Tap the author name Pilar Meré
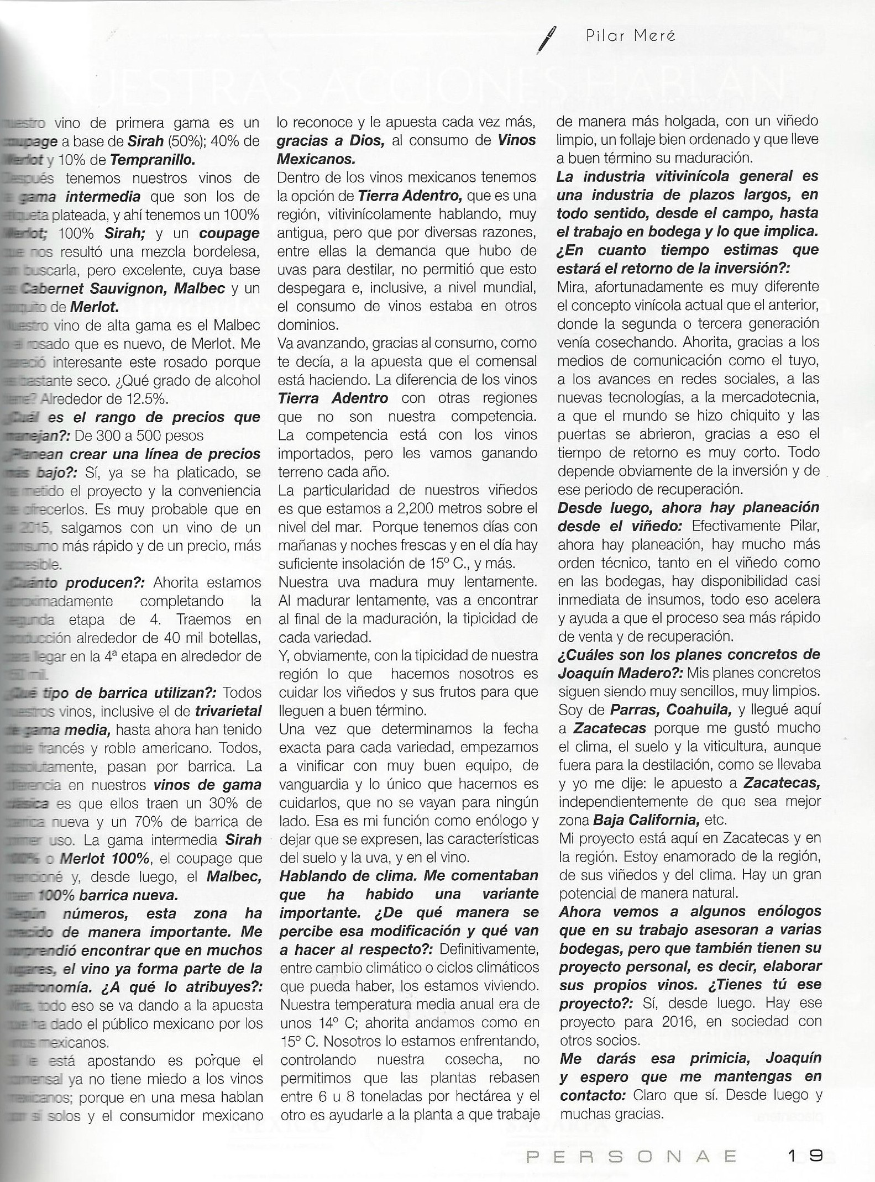pyautogui.click(x=630, y=36)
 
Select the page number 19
pyautogui.click(x=806, y=1155)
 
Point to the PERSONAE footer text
pyautogui.click(x=631, y=1156)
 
